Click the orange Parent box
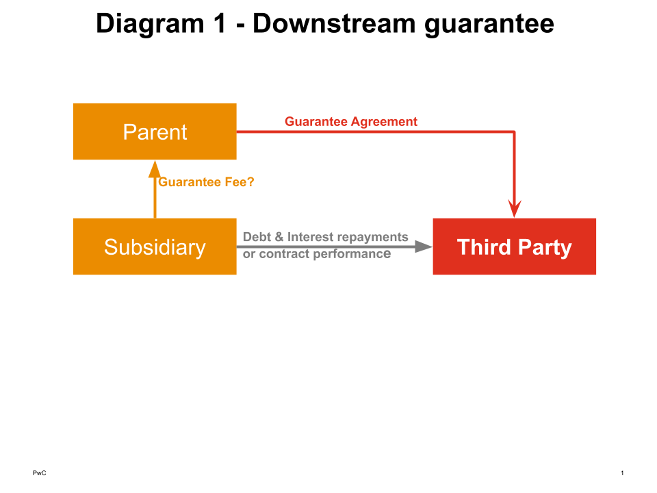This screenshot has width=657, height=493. (155, 131)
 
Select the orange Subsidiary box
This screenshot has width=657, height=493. (155, 246)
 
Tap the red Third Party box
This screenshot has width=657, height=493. (514, 246)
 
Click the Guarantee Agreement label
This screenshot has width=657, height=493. (351, 122)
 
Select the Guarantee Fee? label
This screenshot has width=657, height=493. (206, 182)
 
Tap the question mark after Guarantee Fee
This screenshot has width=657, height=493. (250, 182)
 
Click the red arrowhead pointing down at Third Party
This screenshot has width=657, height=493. (514, 208)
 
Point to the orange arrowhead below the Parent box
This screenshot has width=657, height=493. (155, 168)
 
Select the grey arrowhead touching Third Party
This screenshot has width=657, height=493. (424, 246)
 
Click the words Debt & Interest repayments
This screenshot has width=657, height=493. (325, 237)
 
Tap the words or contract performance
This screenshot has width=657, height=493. (316, 254)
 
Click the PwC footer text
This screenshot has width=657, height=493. (39, 473)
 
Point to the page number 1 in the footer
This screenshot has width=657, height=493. (622, 473)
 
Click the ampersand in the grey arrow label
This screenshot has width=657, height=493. (279, 237)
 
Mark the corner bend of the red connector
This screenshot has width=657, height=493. (514, 131)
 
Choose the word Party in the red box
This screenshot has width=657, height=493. (543, 246)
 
